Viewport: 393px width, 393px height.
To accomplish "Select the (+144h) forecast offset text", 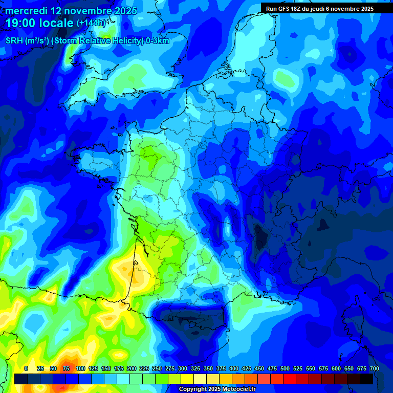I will tap(91, 23).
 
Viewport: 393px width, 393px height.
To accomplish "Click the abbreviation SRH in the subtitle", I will tap(14, 41).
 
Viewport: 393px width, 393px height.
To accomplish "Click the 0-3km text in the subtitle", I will tap(158, 41).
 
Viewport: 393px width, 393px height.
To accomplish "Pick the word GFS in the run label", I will tap(285, 9).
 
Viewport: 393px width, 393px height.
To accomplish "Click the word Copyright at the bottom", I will tap(192, 389).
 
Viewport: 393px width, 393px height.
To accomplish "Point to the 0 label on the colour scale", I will tap(26, 368).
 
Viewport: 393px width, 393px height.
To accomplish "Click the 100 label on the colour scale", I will tap(80, 368).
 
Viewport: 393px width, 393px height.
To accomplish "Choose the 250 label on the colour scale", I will tap(157, 368).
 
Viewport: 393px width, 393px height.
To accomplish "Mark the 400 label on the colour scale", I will tap(234, 368).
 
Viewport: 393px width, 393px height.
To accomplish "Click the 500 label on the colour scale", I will tap(285, 368).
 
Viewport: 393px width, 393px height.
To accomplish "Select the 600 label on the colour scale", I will tap(336, 368).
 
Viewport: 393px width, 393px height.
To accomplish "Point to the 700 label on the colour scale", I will tap(374, 368).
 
